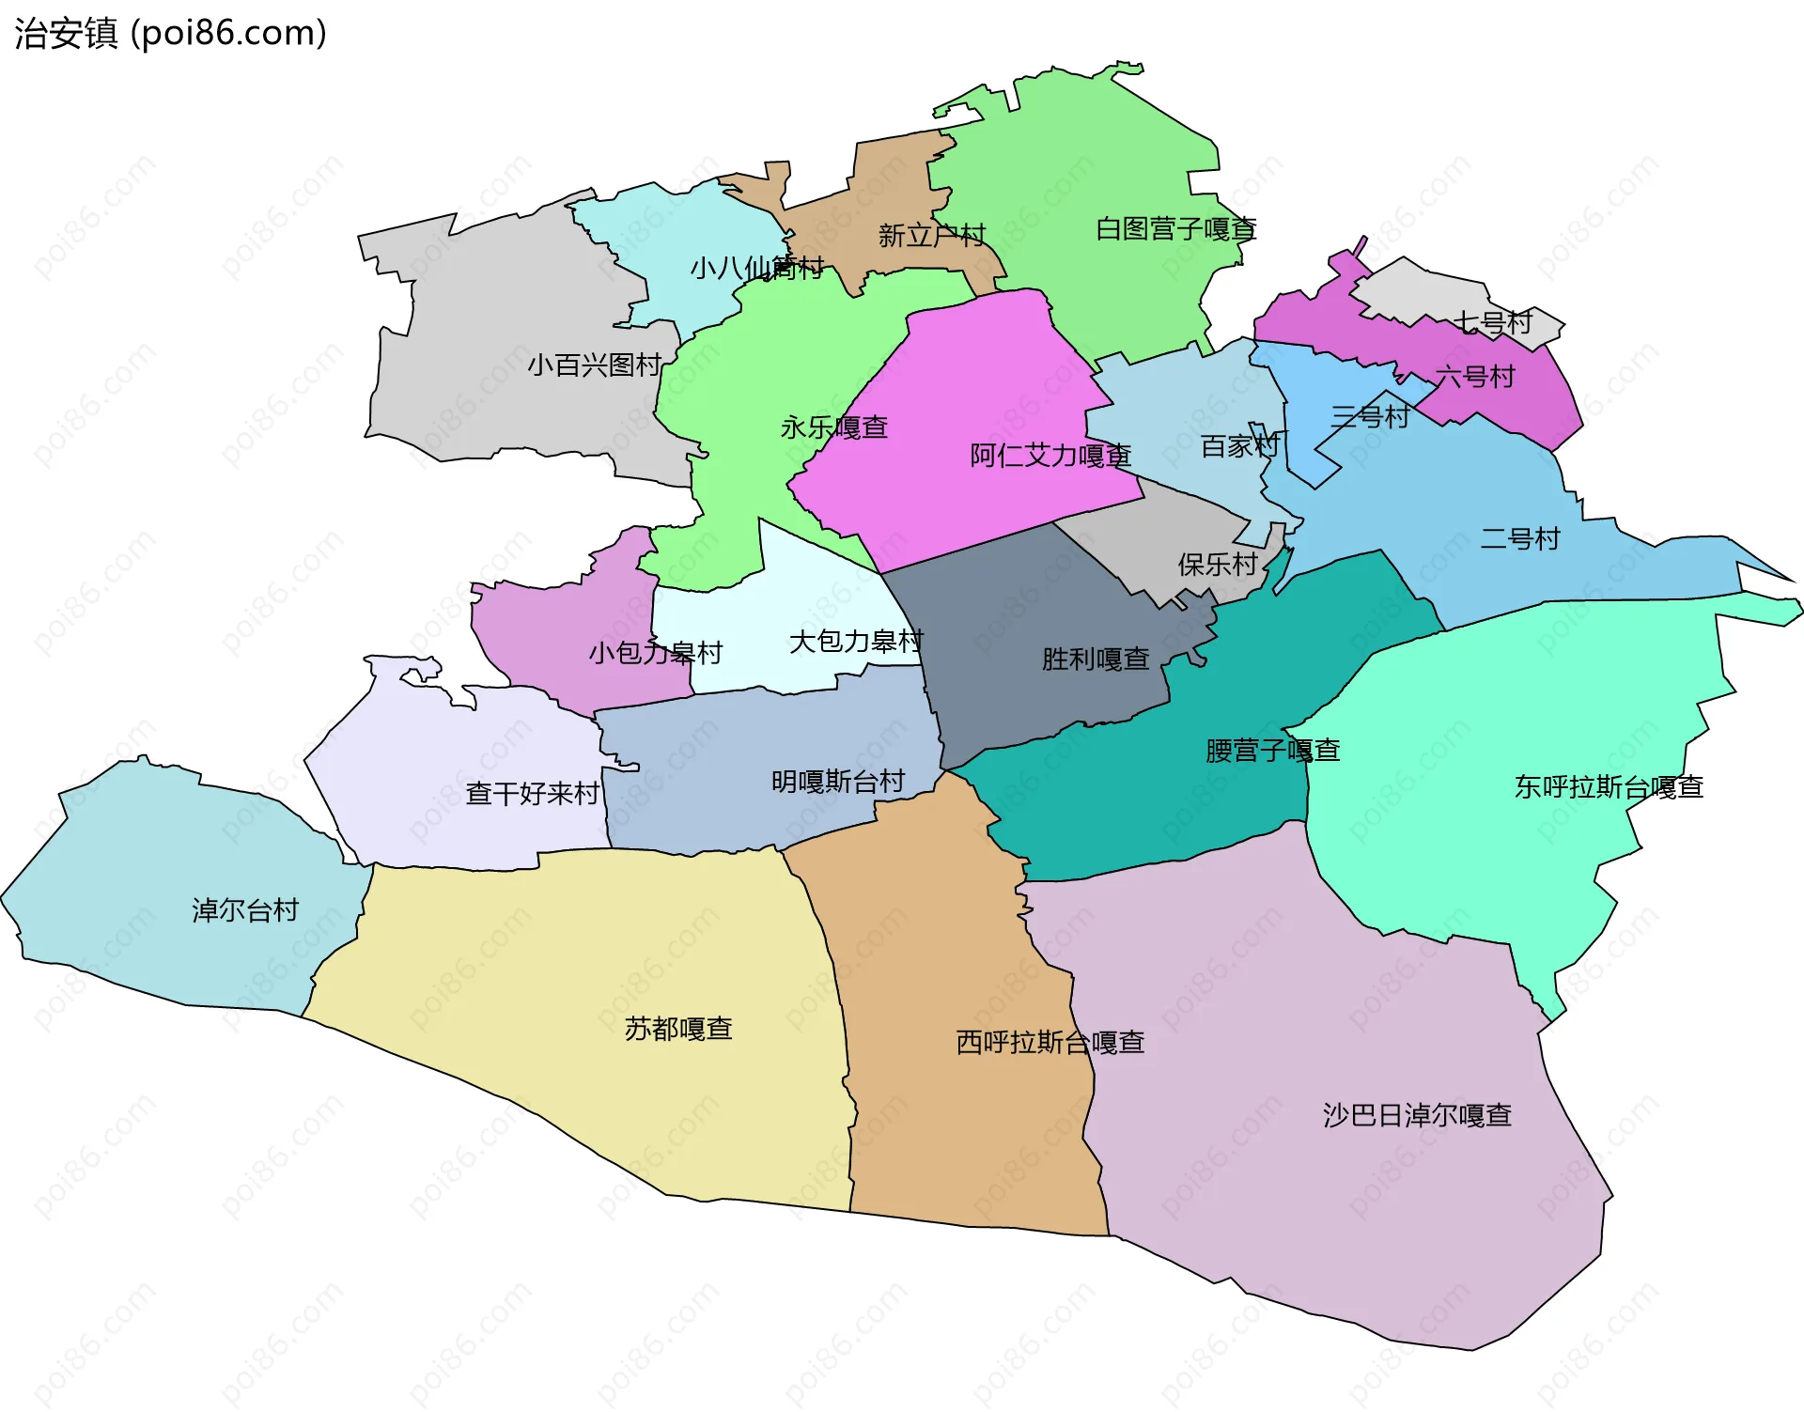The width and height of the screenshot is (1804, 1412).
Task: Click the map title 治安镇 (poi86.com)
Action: pyautogui.click(x=170, y=33)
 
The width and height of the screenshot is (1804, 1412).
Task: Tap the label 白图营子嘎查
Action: pyautogui.click(x=1175, y=228)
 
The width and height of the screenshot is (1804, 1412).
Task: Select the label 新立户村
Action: pyautogui.click(x=931, y=235)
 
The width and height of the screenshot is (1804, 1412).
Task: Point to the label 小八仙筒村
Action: pyautogui.click(x=756, y=269)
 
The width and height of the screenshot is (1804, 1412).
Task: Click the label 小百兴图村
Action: pyautogui.click(x=594, y=365)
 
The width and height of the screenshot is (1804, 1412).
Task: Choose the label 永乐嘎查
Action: pyautogui.click(x=833, y=427)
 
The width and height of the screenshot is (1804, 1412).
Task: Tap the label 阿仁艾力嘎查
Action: pyautogui.click(x=1050, y=456)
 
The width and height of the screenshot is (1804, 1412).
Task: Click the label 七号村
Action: pyautogui.click(x=1493, y=322)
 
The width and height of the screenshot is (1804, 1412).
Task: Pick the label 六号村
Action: pyautogui.click(x=1474, y=377)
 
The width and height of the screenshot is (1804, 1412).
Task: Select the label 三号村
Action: pyautogui.click(x=1370, y=416)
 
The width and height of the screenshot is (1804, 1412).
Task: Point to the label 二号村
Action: pyautogui.click(x=1519, y=538)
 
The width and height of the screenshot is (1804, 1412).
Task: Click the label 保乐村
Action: pyautogui.click(x=1217, y=565)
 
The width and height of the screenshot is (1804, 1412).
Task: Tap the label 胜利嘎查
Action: pyautogui.click(x=1095, y=659)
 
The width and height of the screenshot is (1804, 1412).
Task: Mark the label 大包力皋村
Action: pyautogui.click(x=855, y=642)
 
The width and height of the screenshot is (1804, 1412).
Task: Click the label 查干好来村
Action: pyautogui.click(x=532, y=794)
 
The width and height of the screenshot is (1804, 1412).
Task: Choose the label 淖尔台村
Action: pyautogui.click(x=244, y=909)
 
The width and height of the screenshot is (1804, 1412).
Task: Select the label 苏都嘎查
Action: pyautogui.click(x=677, y=1029)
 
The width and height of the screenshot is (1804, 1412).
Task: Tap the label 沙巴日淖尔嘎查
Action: pyautogui.click(x=1416, y=1115)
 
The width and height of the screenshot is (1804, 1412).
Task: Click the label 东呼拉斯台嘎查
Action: pyautogui.click(x=1608, y=787)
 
